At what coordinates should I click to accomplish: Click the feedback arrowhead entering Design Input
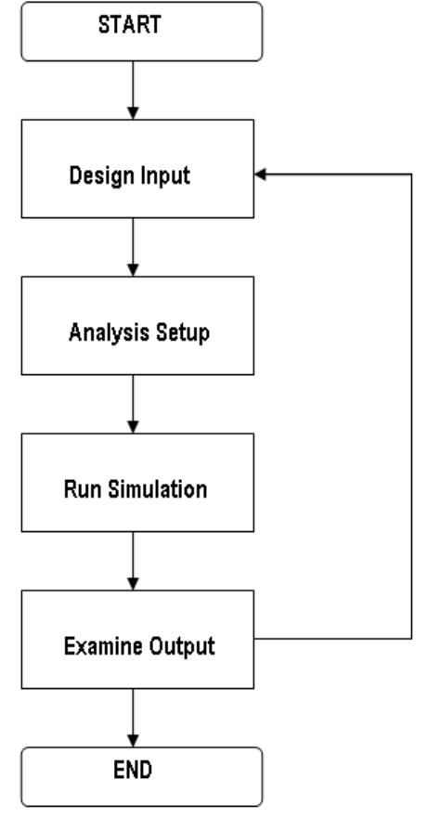point(261,175)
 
